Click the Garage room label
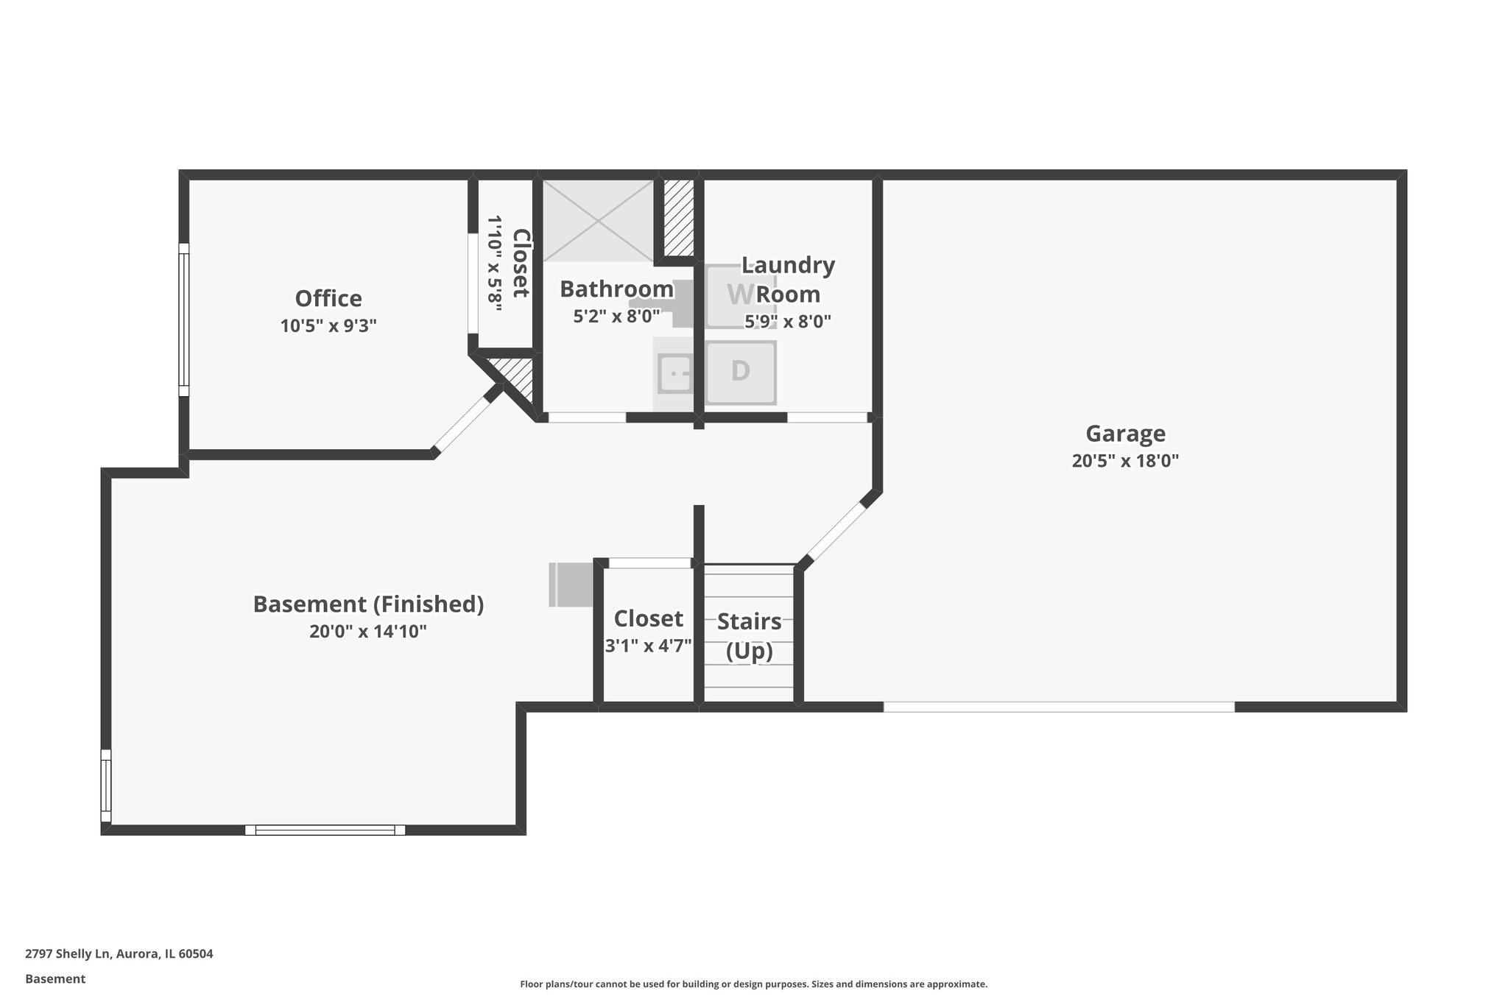click(1125, 433)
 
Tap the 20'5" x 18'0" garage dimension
click(1125, 461)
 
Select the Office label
click(328, 298)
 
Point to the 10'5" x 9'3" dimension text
click(328, 325)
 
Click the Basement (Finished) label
click(368, 604)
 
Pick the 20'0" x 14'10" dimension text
click(368, 632)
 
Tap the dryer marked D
click(740, 371)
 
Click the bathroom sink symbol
click(674, 373)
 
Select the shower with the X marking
click(598, 219)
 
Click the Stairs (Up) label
click(749, 636)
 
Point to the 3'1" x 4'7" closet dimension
click(648, 646)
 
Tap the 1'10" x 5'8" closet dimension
click(495, 263)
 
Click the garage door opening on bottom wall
click(1058, 707)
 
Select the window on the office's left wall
click(184, 320)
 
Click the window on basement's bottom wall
click(325, 830)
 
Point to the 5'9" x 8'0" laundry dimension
click(788, 322)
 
